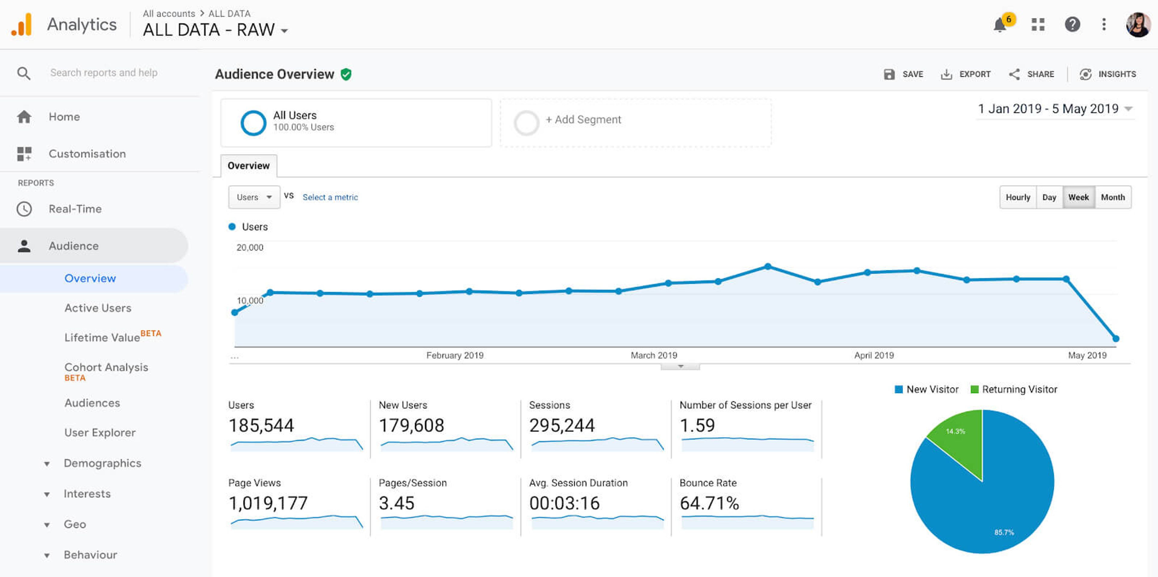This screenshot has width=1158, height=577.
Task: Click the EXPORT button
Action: point(966,74)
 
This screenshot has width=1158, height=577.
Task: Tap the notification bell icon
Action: point(1000,25)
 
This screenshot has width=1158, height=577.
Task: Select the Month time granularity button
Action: point(1112,197)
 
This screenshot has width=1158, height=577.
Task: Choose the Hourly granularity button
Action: point(1018,197)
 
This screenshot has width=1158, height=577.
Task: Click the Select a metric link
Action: point(330,197)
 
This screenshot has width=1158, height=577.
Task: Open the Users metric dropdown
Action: point(254,197)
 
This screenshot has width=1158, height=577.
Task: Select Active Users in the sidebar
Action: point(97,308)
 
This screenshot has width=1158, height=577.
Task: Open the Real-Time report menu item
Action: point(75,209)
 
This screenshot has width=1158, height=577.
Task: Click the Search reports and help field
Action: point(104,73)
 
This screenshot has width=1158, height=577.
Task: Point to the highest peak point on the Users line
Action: point(768,266)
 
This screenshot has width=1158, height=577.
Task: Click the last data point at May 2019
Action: point(1116,338)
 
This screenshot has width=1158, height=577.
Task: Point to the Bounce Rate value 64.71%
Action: point(709,503)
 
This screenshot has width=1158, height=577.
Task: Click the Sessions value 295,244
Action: point(562,426)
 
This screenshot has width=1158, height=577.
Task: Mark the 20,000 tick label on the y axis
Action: point(250,247)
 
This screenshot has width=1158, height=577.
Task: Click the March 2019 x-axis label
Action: point(653,355)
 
